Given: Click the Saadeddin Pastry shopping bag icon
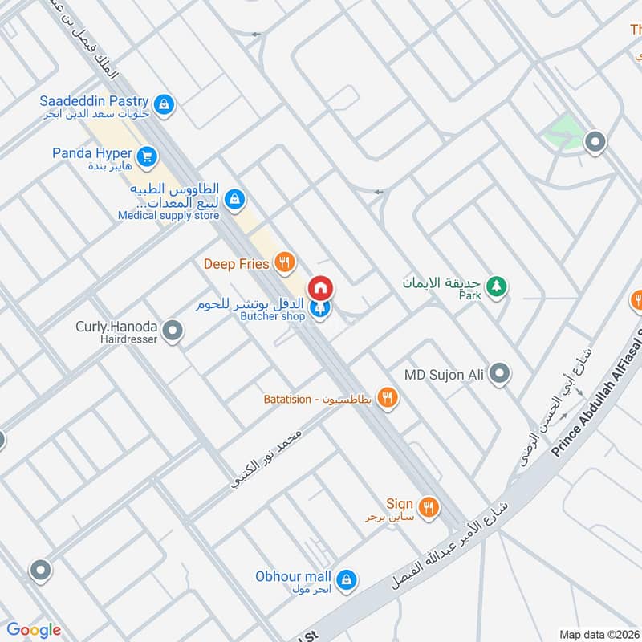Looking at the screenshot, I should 164,104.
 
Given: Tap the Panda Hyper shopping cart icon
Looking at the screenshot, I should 145,156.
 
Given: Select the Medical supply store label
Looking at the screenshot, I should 169,215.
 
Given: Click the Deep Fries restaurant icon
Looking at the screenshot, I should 282,262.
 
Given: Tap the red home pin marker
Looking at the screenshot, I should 320,288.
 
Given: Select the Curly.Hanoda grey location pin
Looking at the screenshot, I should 172,330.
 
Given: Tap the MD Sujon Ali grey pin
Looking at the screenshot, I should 499,373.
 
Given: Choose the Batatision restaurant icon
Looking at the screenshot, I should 388,397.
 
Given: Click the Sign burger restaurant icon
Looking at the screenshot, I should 429,506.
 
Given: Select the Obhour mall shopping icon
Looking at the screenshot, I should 346,579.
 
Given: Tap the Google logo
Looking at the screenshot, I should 34,630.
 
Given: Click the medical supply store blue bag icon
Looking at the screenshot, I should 234,198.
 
